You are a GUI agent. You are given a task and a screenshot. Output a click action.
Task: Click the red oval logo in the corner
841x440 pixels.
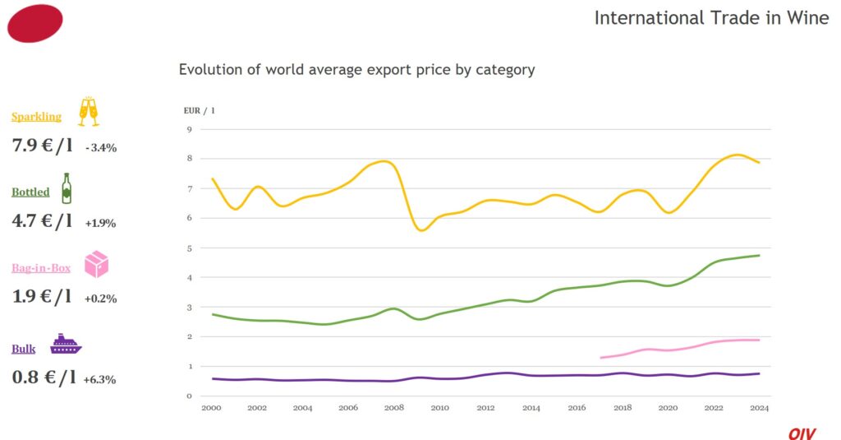pyautogui.click(x=34, y=23)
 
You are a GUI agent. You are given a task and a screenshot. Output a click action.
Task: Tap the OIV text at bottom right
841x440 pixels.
pyautogui.click(x=802, y=433)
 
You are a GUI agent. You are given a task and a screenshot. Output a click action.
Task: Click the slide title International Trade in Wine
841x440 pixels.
pyautogui.click(x=711, y=18)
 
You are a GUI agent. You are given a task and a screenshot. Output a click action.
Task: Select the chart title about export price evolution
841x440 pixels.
pyautogui.click(x=356, y=70)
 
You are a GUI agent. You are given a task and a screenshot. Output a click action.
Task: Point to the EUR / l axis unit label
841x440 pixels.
pyautogui.click(x=199, y=109)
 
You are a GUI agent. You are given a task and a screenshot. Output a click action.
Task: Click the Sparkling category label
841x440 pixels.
pyautogui.click(x=36, y=117)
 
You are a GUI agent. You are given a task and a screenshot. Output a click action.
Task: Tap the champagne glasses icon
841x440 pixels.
pyautogui.click(x=88, y=113)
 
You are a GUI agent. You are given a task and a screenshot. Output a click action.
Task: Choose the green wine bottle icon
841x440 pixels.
pyautogui.click(x=66, y=188)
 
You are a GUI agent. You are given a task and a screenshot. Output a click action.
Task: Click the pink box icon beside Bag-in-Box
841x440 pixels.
pyautogui.click(x=96, y=264)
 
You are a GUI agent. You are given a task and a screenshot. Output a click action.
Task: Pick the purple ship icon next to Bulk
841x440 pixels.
pyautogui.click(x=66, y=345)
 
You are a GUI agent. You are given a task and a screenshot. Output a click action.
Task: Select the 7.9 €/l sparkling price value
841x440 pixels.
pyautogui.click(x=42, y=146)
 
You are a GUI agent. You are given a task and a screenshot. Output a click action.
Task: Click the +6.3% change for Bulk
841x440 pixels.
pyautogui.click(x=99, y=380)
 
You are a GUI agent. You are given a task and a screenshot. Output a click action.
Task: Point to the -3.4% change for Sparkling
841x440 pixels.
pyautogui.click(x=100, y=148)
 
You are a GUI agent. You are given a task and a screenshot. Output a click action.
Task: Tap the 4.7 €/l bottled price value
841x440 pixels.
pyautogui.click(x=42, y=221)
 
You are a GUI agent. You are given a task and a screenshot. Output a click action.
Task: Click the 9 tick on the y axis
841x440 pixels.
pyautogui.click(x=189, y=130)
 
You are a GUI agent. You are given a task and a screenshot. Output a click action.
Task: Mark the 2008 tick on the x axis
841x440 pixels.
pyautogui.click(x=393, y=408)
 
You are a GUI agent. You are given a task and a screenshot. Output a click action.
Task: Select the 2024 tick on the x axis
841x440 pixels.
pyautogui.click(x=759, y=408)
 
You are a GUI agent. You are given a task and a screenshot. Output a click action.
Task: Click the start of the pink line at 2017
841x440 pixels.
pyautogui.click(x=602, y=358)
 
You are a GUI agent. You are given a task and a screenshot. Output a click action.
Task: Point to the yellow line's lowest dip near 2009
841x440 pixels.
pyautogui.click(x=422, y=230)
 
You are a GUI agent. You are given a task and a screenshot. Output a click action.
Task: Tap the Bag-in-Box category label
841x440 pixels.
pyautogui.click(x=41, y=268)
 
